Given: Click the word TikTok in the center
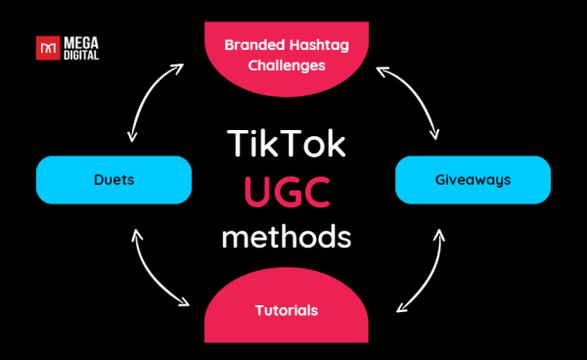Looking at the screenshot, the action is click(285, 144).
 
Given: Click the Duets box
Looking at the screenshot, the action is click(113, 180).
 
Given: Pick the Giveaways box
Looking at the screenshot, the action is click(474, 180).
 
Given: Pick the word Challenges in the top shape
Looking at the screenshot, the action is click(287, 67).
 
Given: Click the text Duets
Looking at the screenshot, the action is click(113, 180).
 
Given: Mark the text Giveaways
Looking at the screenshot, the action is click(474, 180).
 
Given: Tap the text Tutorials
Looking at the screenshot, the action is click(287, 310).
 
